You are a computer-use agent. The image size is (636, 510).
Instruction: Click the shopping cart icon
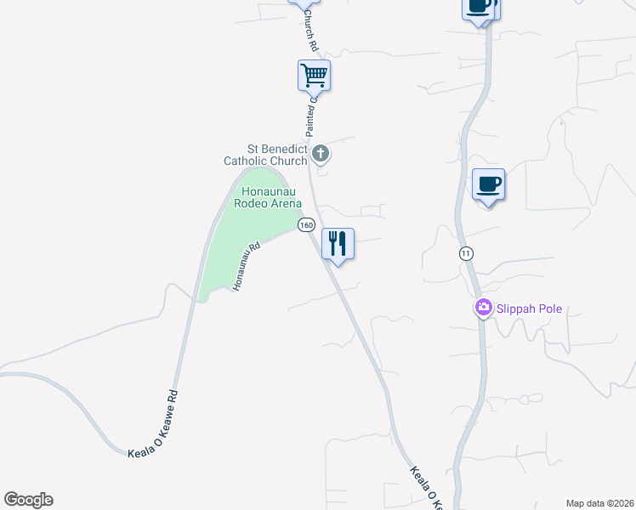[314, 76]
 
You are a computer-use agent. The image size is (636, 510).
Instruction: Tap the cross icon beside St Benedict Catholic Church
[321, 154]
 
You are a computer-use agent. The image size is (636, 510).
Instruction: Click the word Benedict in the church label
[287, 149]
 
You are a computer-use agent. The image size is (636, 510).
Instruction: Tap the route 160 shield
[306, 224]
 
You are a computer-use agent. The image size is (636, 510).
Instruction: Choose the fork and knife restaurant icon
[338, 244]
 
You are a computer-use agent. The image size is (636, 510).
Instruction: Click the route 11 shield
[465, 253]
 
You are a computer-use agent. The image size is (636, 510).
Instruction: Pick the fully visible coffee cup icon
[488, 184]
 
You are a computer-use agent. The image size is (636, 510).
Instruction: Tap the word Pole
[551, 309]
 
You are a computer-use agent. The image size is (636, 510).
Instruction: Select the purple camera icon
[484, 308]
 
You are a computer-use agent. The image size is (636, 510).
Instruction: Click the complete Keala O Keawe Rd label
[150, 423]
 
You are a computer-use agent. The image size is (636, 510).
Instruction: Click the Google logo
[28, 500]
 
